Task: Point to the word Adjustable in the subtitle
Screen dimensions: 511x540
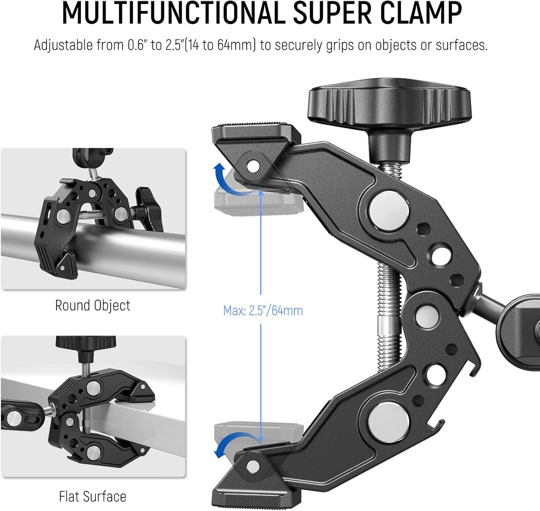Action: (63, 45)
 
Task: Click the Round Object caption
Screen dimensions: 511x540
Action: (93, 306)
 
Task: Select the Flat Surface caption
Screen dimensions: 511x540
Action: (93, 496)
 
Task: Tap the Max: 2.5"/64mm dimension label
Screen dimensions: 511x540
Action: (263, 310)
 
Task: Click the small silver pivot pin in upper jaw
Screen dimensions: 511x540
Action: (254, 165)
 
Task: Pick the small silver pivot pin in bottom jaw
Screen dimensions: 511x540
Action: (254, 465)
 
